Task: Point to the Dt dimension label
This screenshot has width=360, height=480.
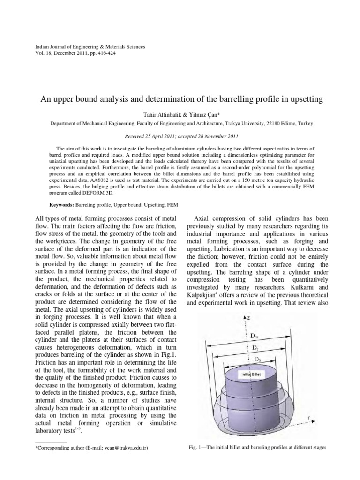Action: tap(255, 348)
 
